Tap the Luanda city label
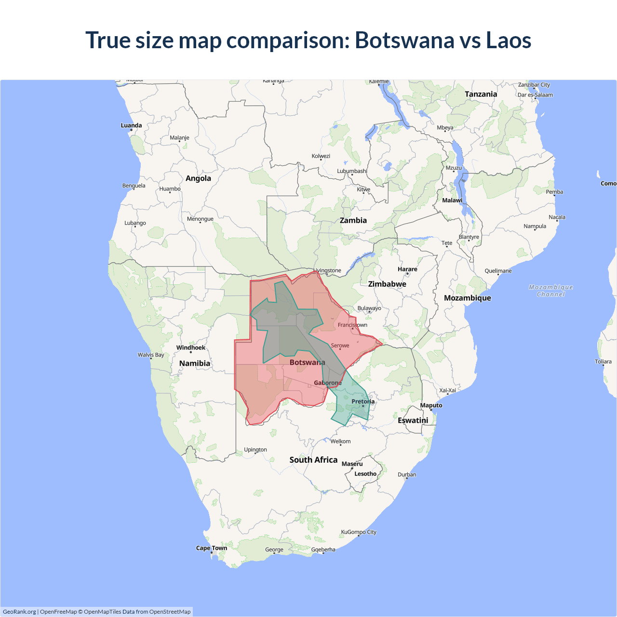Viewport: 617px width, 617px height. [x=131, y=125]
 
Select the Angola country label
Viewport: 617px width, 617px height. [x=198, y=178]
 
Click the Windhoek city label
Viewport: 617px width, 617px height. [x=191, y=348]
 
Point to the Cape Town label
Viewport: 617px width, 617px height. [x=211, y=548]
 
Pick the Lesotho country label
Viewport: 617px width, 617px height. [x=365, y=474]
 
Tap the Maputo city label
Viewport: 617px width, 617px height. [x=431, y=405]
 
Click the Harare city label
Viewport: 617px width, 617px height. [x=407, y=269]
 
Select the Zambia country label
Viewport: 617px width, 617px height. [x=353, y=220]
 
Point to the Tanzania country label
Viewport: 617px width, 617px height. [x=481, y=94]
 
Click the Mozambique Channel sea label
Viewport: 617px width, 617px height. [x=551, y=291]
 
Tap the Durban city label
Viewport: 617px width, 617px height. [x=407, y=475]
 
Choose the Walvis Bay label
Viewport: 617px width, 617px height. [x=151, y=355]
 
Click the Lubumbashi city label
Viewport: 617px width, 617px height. [x=352, y=171]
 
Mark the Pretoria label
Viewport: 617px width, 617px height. [x=363, y=402]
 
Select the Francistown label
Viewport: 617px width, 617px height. [x=352, y=325]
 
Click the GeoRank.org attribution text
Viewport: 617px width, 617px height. [x=19, y=612]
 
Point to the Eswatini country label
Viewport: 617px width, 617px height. [x=413, y=420]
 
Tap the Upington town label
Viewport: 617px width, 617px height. [x=255, y=450]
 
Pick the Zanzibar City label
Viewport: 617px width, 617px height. [x=534, y=85]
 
